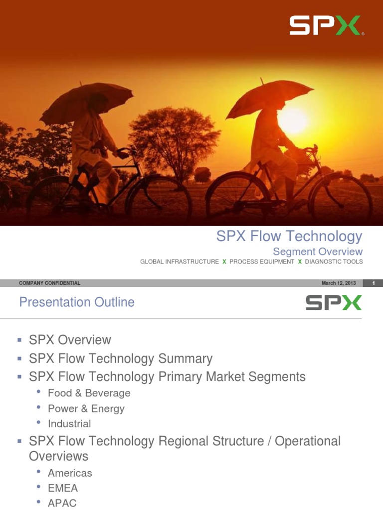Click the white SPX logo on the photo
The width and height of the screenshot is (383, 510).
pyautogui.click(x=326, y=25)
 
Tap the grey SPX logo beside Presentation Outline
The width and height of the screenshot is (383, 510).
pyautogui.click(x=333, y=303)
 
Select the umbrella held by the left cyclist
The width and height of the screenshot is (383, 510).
pyautogui.click(x=86, y=102)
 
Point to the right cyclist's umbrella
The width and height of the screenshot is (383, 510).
pyautogui.click(x=269, y=97)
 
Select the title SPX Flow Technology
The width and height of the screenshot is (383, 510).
pyautogui.click(x=289, y=236)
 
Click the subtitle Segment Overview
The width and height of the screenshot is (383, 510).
pyautogui.click(x=318, y=252)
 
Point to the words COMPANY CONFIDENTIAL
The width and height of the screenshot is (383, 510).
pyautogui.click(x=49, y=283)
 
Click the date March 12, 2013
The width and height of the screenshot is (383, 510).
pyautogui.click(x=339, y=283)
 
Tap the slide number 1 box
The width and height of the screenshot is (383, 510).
pyautogui.click(x=374, y=283)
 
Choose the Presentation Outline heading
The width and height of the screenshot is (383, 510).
pyautogui.click(x=77, y=302)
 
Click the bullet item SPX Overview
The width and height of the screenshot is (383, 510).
pyautogui.click(x=70, y=340)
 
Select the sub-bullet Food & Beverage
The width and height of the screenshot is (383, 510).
pyautogui.click(x=89, y=393)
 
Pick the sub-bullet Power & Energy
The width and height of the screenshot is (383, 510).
pyautogui.click(x=86, y=408)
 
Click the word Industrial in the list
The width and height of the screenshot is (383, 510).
pyautogui.click(x=69, y=424)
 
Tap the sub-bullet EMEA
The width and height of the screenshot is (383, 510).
pyautogui.click(x=63, y=488)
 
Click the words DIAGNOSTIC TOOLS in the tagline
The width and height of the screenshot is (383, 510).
pyautogui.click(x=334, y=262)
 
